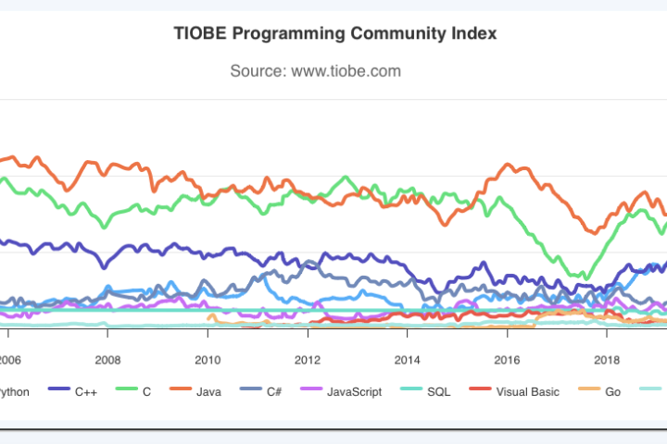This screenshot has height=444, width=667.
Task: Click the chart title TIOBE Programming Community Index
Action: tap(335, 33)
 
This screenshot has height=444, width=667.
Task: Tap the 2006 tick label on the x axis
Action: tap(7, 360)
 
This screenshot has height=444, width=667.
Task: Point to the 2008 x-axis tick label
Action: tap(107, 360)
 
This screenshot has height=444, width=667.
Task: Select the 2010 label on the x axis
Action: tap(208, 360)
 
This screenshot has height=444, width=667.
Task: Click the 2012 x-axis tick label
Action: tap(308, 360)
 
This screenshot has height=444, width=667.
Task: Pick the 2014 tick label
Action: tap(407, 360)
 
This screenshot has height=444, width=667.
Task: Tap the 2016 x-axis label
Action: tap(507, 360)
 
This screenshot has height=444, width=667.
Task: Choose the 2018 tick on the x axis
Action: tap(607, 360)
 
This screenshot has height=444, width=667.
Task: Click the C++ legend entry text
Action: tap(86, 391)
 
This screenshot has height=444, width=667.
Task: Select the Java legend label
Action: tap(208, 391)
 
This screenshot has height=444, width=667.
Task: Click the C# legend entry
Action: tap(273, 391)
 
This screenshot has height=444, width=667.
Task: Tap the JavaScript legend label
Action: tap(355, 391)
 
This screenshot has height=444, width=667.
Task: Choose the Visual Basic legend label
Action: tap(527, 391)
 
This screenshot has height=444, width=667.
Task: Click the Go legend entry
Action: tap(612, 391)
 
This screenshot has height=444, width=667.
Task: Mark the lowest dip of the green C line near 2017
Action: tap(585, 277)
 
